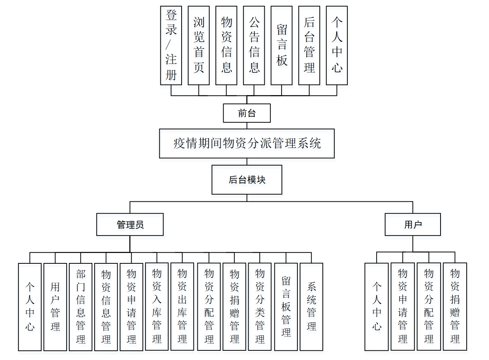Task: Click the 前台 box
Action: pyautogui.click(x=247, y=113)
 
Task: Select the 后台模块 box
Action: pyautogui.click(x=247, y=180)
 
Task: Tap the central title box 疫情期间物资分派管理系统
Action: pyautogui.click(x=247, y=144)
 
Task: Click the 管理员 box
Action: pyautogui.click(x=130, y=225)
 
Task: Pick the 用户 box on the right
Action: pyautogui.click(x=412, y=225)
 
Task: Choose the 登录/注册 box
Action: pyautogui.click(x=171, y=45)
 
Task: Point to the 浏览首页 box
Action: pyautogui.click(x=199, y=45)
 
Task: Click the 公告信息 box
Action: pyautogui.click(x=254, y=45)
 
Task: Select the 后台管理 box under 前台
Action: pyautogui.click(x=309, y=45)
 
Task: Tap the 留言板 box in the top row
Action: pyautogui.click(x=282, y=45)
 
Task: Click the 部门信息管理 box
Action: pyautogui.click(x=80, y=307)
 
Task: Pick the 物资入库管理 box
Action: pyautogui.click(x=157, y=306)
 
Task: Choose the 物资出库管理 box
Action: pyautogui.click(x=182, y=306)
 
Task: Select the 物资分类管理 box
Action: pyautogui.click(x=260, y=306)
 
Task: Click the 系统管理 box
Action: pyautogui.click(x=311, y=306)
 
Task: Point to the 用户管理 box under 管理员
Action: pyautogui.click(x=55, y=307)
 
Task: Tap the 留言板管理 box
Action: pyautogui.click(x=286, y=306)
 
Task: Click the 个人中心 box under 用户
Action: pyautogui.click(x=376, y=306)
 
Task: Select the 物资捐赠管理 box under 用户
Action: pyautogui.click(x=455, y=306)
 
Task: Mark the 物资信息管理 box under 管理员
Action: pyautogui.click(x=106, y=307)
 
